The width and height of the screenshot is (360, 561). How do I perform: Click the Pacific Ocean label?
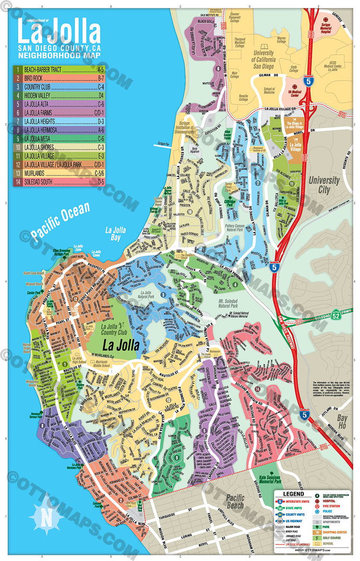(x=60, y=221)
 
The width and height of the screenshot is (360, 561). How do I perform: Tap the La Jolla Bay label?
(x=116, y=233)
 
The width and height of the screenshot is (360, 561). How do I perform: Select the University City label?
(x=324, y=185)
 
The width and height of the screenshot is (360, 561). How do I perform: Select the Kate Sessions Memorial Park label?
(x=269, y=482)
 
